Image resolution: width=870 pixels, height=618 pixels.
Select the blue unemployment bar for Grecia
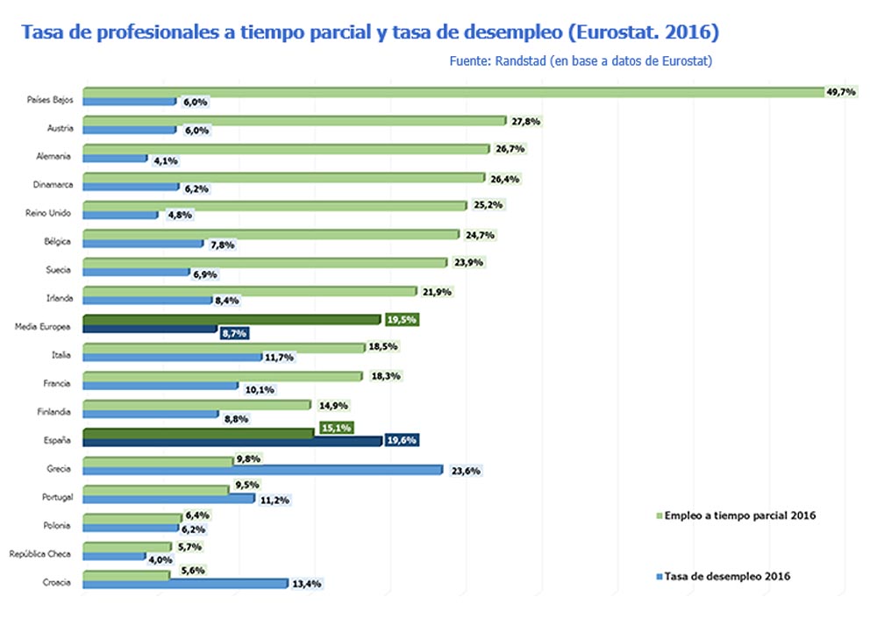coord(262,470)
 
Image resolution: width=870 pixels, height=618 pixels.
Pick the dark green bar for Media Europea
coord(232,320)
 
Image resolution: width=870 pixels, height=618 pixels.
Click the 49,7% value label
coord(840,91)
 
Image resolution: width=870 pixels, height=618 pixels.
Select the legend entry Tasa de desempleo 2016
coord(727,576)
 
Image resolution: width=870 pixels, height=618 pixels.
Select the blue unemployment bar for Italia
coord(172,357)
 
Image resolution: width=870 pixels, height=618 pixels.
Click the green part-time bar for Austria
coord(294,120)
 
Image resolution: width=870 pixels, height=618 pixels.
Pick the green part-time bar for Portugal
coord(155,489)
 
